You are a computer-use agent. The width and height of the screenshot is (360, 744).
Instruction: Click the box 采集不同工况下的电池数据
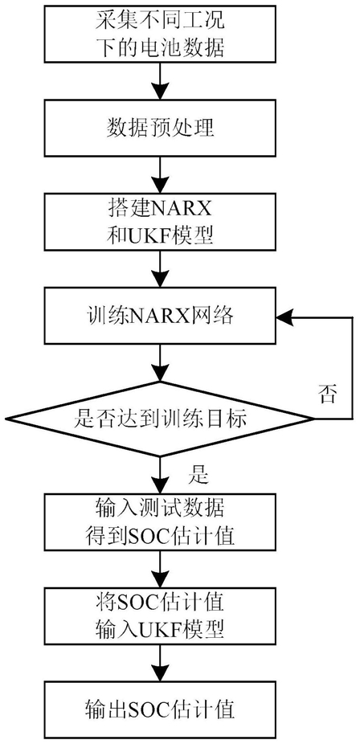point(160,35)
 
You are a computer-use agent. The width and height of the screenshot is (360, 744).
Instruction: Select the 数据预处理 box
point(160,128)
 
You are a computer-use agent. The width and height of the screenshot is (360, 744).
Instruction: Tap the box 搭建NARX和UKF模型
point(160,222)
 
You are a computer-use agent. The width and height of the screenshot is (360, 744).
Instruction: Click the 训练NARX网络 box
point(160,316)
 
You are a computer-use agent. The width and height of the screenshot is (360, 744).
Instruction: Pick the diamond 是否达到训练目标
point(160,419)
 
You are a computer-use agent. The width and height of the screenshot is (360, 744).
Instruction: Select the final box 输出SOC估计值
point(160,710)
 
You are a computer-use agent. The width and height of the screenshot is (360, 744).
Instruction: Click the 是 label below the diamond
point(198,474)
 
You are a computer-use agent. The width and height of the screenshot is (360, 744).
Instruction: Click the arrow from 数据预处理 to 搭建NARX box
point(160,174)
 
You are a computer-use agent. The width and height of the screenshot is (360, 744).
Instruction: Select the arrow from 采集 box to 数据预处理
point(160,81)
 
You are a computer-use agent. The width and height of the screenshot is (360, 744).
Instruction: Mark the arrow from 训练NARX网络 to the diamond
point(160,362)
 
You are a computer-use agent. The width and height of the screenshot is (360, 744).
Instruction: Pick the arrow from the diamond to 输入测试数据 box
point(160,476)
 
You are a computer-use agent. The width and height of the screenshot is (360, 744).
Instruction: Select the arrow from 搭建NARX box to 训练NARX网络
point(160,268)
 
